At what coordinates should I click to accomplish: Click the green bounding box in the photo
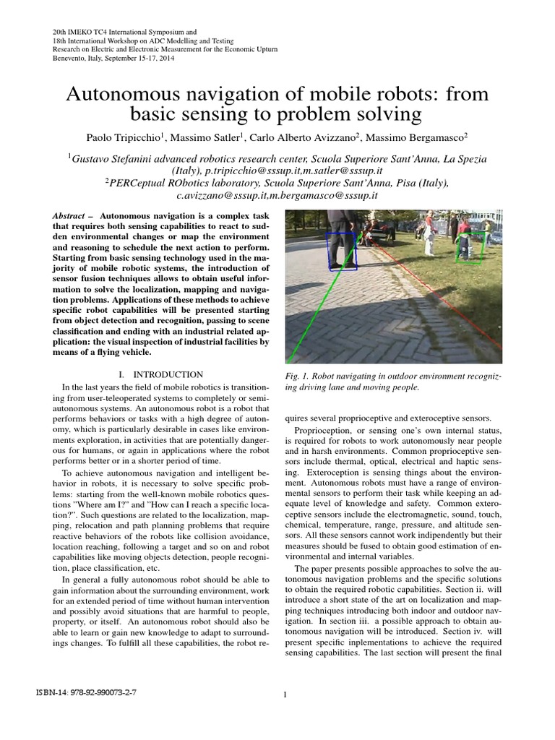[470, 248]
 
